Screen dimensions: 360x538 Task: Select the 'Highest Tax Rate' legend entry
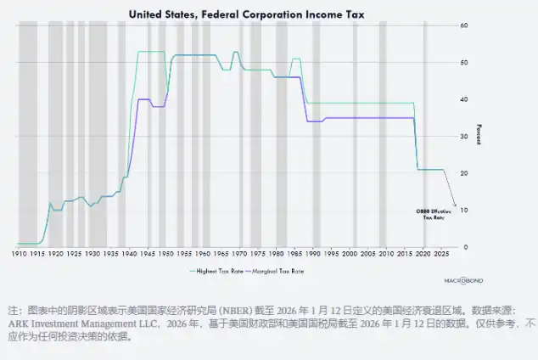tap(216, 272)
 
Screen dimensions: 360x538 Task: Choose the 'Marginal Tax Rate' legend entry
tap(278, 272)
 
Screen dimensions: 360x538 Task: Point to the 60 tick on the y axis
tap(465, 25)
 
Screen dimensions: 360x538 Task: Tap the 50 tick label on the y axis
tap(465, 63)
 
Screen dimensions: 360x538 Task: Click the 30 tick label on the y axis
tap(465, 137)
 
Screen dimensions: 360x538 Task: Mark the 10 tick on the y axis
tap(465, 211)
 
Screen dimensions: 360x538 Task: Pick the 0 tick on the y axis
tap(463, 247)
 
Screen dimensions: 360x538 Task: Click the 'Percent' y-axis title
tap(479, 133)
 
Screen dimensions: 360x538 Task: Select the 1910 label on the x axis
tap(19, 254)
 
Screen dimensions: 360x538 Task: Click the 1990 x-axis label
tap(313, 254)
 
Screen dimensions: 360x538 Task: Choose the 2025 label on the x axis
tap(442, 254)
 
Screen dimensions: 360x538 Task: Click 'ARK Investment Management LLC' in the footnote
tap(64, 323)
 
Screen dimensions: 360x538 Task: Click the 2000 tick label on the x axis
tap(350, 254)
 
